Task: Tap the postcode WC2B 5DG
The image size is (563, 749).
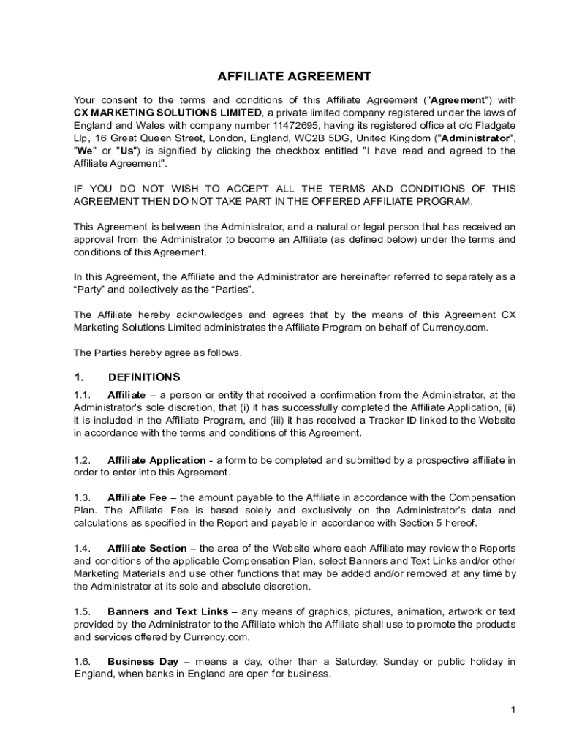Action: (352, 138)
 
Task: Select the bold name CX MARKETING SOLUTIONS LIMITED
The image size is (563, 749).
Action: (167, 113)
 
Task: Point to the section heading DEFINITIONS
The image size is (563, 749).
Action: (143, 377)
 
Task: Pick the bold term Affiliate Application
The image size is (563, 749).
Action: (156, 460)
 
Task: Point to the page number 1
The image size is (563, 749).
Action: (514, 710)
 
